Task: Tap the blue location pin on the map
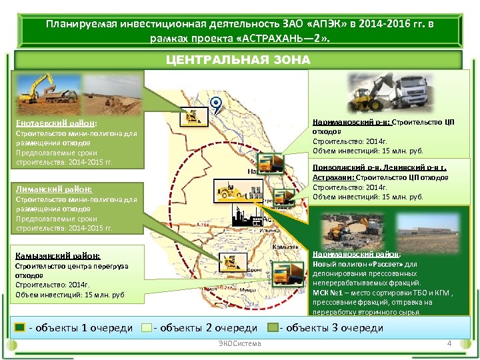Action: pos(215,104)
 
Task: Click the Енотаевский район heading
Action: pos(57,123)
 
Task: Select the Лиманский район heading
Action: pos(53,189)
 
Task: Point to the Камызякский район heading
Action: pos(58,255)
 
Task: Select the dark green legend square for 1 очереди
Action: pos(20,327)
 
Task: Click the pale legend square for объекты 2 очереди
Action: pos(147,327)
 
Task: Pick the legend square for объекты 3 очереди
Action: pos(273,327)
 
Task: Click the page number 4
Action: pos(449,343)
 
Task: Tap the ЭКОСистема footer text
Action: pos(239,343)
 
